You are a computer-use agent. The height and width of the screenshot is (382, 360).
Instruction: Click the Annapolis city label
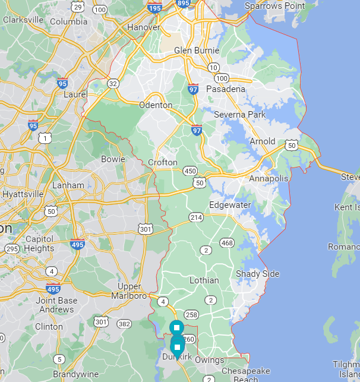click(x=268, y=178)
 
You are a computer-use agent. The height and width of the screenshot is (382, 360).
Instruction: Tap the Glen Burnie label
click(x=197, y=50)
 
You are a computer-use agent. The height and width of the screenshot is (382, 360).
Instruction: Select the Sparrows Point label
click(x=275, y=6)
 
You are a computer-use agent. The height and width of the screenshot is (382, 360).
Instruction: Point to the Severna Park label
click(x=235, y=114)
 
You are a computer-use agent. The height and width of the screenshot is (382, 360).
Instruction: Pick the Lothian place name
click(x=204, y=280)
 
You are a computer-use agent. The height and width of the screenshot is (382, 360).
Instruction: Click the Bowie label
click(x=113, y=159)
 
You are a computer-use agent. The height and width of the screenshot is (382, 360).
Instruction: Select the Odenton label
click(x=155, y=105)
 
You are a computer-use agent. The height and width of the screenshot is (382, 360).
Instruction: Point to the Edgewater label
click(x=230, y=205)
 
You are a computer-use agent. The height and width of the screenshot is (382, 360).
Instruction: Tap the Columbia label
click(x=68, y=21)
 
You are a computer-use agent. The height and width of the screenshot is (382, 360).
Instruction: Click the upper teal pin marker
click(x=176, y=327)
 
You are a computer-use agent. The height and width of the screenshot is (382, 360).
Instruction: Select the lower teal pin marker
click(x=177, y=347)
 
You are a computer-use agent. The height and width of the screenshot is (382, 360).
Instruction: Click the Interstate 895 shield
click(x=184, y=3)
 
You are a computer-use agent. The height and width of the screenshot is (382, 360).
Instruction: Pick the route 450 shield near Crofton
click(x=190, y=171)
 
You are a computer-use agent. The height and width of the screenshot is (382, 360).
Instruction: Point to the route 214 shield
click(x=196, y=217)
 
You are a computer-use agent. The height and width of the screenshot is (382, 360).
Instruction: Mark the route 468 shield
click(x=226, y=242)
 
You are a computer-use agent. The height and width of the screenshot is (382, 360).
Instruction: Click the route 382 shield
click(x=124, y=323)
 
